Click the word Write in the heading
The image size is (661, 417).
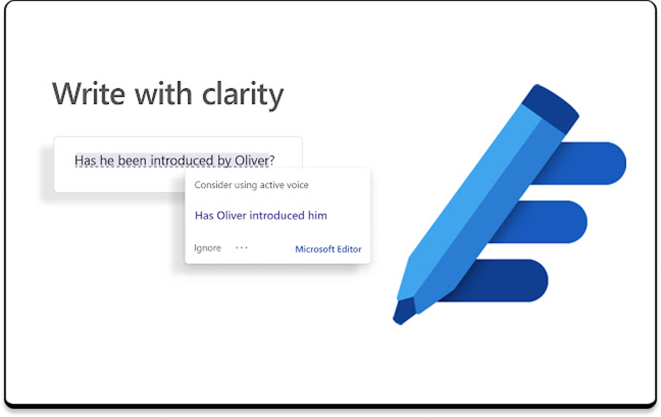(89, 93)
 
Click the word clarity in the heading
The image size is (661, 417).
(243, 95)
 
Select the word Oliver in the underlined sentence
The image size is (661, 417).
(252, 160)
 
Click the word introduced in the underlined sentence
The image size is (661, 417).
(182, 160)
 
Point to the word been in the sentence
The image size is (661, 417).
(132, 160)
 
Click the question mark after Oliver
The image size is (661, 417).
(272, 160)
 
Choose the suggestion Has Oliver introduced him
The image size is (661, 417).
(261, 216)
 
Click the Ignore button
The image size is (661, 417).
(207, 248)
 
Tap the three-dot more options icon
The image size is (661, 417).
(241, 248)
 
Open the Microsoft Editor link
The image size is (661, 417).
(328, 249)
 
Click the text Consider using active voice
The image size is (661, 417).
(252, 185)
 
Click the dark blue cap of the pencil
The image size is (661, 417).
(550, 109)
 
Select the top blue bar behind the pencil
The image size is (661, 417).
(587, 163)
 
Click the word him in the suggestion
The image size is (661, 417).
(317, 216)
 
